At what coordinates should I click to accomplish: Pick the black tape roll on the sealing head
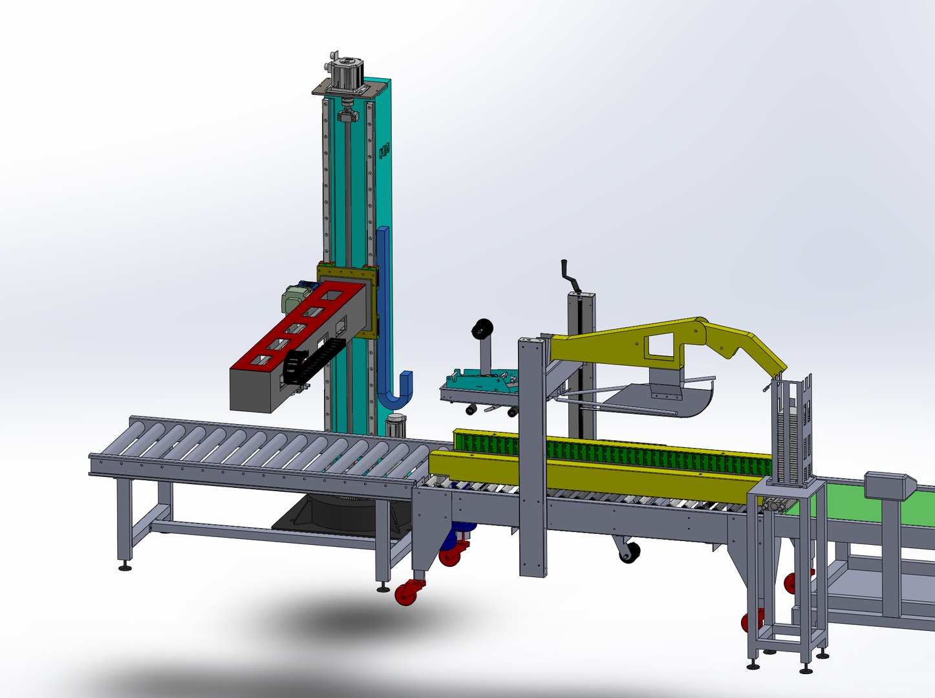481,330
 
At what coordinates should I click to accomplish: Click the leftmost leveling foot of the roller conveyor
125,567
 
